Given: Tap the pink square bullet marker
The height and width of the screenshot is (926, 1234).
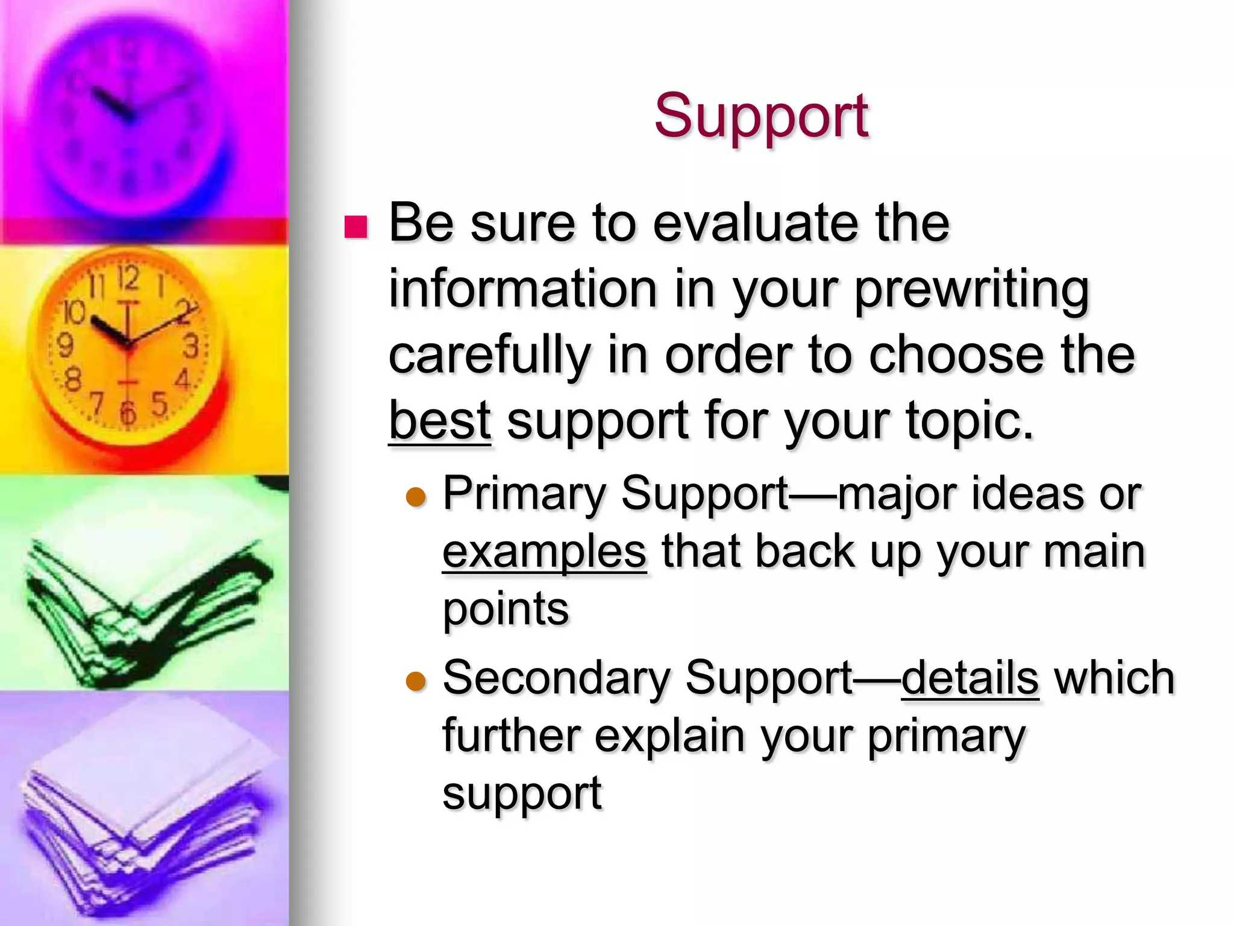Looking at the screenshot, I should click(355, 227).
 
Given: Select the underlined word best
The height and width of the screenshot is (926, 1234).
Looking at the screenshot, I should click(439, 420).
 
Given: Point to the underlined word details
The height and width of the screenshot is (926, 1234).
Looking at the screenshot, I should click(969, 678).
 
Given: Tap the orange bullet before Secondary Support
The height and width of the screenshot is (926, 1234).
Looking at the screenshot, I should click(416, 681).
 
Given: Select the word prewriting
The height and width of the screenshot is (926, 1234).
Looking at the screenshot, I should click(971, 289).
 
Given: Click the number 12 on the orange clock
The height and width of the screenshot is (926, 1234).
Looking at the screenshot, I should click(128, 279).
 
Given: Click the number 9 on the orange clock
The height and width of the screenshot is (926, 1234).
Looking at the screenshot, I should click(64, 346).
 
